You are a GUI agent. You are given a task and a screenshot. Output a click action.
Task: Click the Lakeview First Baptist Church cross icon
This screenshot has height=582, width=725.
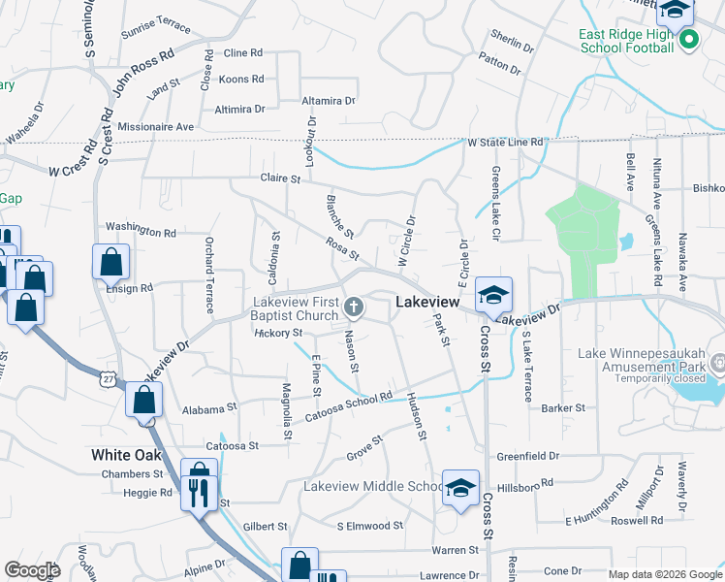[355, 307]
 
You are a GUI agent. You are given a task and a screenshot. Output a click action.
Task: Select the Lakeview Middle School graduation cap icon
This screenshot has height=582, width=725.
[460, 488]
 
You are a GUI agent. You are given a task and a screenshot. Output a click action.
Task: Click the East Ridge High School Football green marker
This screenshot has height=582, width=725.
[689, 40]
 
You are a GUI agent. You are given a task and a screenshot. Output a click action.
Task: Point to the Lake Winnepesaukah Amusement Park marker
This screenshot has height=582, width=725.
[718, 365]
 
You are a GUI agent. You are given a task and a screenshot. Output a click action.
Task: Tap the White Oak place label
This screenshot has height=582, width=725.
[126, 454]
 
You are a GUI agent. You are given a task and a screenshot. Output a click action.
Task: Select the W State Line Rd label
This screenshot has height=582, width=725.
[505, 143]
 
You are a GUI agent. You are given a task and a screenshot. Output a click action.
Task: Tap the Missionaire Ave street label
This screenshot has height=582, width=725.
[155, 127]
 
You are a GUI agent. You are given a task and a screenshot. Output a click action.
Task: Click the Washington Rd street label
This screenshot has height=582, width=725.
[141, 231]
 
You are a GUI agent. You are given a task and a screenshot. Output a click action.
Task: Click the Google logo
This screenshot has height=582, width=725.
[32, 570]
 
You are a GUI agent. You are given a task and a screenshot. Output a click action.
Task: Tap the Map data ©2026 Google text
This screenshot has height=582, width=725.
[664, 574]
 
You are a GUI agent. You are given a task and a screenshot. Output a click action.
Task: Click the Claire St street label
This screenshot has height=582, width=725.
[282, 178]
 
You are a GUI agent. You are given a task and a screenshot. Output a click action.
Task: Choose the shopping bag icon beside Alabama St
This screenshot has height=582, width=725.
[143, 401]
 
